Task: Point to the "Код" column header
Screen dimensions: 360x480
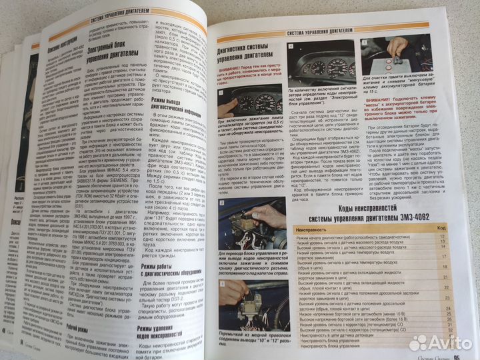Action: point(441,228)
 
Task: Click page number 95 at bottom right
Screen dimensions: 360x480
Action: point(459,355)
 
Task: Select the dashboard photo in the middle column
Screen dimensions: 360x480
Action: point(322,67)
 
